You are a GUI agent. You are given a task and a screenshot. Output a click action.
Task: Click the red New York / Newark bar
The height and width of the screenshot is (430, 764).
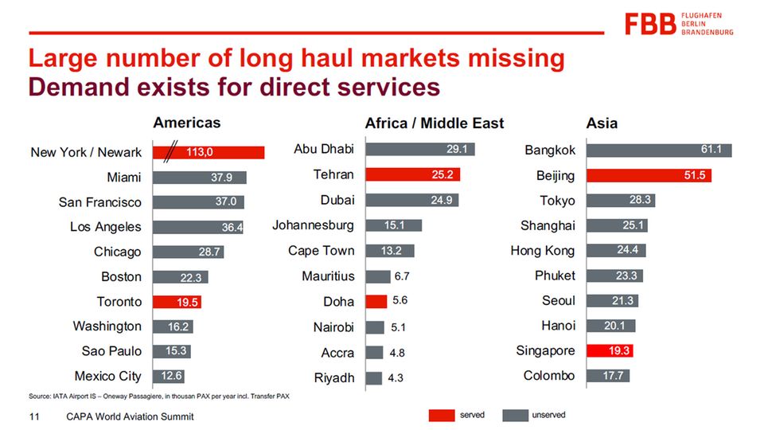(209, 151)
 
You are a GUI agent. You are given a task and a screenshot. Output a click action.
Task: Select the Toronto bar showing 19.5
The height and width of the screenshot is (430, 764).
(177, 302)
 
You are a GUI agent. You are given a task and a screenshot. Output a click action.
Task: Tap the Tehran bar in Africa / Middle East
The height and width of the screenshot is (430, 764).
(412, 174)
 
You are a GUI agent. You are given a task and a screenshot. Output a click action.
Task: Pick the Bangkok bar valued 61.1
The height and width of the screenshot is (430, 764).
(659, 150)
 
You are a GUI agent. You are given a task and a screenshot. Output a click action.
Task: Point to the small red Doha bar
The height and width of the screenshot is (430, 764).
(376, 301)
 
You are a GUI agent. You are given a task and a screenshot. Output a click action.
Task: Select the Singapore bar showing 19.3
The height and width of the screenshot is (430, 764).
(610, 350)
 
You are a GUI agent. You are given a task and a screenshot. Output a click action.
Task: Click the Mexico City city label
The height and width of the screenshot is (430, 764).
(107, 376)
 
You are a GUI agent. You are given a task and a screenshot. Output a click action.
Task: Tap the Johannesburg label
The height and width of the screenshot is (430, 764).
(313, 225)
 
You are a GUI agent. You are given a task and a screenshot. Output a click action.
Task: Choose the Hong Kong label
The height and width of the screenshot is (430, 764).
(542, 251)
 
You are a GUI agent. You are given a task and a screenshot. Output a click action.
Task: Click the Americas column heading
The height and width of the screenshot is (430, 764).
(186, 123)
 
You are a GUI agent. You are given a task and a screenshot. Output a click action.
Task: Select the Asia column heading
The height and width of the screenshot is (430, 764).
(602, 123)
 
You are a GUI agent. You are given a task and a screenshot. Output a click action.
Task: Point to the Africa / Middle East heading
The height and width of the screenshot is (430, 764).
(434, 123)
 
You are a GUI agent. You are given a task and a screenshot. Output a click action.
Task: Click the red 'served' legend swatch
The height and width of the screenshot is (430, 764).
(442, 416)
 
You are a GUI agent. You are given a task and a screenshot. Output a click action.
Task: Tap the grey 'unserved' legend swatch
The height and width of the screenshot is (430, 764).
(516, 416)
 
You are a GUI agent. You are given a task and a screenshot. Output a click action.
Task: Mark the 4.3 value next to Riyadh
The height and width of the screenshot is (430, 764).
(396, 377)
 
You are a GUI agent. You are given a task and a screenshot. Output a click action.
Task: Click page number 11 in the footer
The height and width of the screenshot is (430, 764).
(34, 416)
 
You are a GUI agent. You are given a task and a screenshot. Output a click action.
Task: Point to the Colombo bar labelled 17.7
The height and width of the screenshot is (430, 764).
(608, 376)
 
